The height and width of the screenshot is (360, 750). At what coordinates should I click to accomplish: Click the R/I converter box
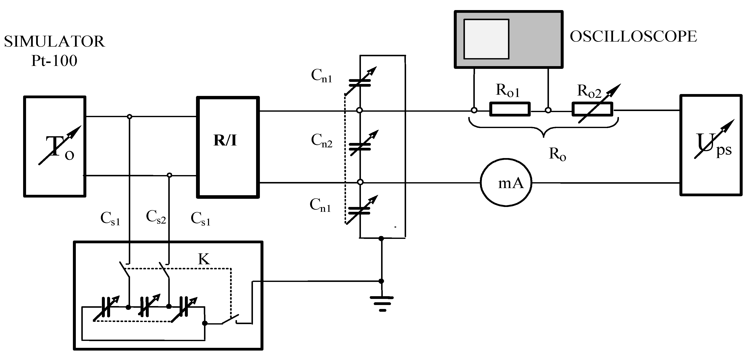(x=228, y=147)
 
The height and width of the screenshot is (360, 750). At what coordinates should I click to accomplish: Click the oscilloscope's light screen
(x=486, y=39)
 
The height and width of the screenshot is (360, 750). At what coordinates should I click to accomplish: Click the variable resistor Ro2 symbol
(x=592, y=109)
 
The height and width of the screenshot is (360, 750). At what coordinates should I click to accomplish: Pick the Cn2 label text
(x=321, y=141)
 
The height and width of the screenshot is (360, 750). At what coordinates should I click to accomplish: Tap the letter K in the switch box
(x=204, y=259)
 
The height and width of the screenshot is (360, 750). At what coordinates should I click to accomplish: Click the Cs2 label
(x=156, y=217)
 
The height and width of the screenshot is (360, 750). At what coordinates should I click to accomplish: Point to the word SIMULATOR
(x=54, y=41)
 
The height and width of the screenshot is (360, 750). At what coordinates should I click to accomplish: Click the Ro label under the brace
(x=557, y=154)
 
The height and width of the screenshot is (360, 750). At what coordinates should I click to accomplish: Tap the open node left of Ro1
(x=474, y=110)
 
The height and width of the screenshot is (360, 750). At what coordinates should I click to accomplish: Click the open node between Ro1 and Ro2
(x=548, y=110)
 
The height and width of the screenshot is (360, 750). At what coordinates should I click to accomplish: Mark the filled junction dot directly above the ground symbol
(x=381, y=281)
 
